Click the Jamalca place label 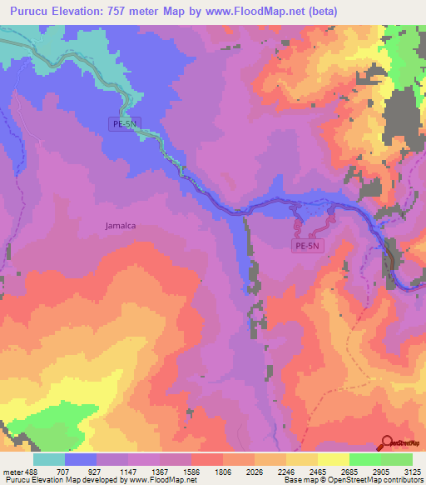121,225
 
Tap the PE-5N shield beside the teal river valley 126,123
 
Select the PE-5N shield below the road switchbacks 306,246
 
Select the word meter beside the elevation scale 12,471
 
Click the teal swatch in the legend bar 49,459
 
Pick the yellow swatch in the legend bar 333,459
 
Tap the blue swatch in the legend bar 81,459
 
